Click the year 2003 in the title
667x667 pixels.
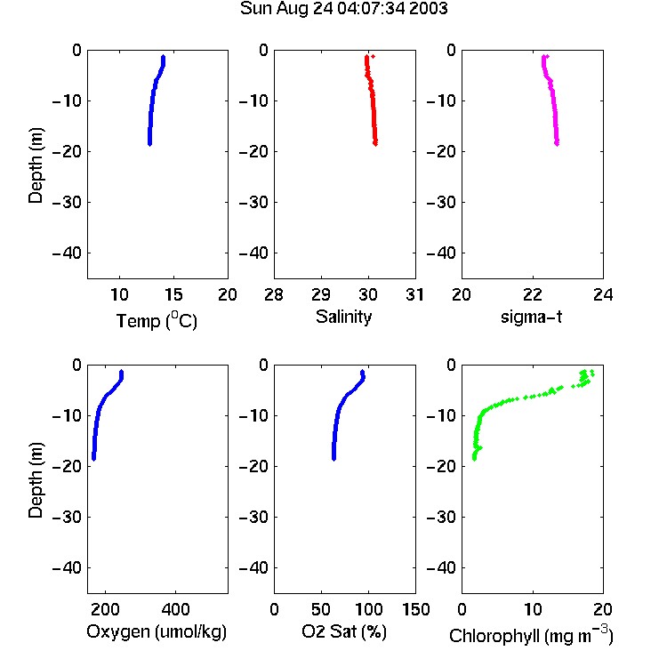tap(429, 9)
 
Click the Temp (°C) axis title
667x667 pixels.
tap(157, 320)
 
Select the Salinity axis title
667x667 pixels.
tap(343, 317)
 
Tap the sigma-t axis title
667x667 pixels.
tap(532, 317)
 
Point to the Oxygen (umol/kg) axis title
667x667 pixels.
tap(157, 631)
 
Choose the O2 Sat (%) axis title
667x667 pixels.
tap(344, 631)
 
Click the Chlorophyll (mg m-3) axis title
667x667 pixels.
tap(531, 635)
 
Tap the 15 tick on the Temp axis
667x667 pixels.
tap(173, 294)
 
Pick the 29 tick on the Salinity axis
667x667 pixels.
tap(321, 294)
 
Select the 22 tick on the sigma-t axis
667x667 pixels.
tap(533, 294)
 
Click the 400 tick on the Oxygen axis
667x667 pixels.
tap(176, 609)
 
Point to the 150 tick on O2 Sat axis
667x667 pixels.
tap(416, 609)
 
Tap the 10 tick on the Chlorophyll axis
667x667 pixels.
tap(533, 609)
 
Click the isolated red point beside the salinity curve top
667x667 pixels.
tap(373, 57)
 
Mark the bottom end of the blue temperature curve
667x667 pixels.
tap(149, 144)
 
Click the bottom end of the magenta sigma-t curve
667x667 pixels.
tap(557, 144)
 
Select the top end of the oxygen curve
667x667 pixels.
tap(121, 372)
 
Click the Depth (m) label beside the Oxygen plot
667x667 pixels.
tap(36, 480)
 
